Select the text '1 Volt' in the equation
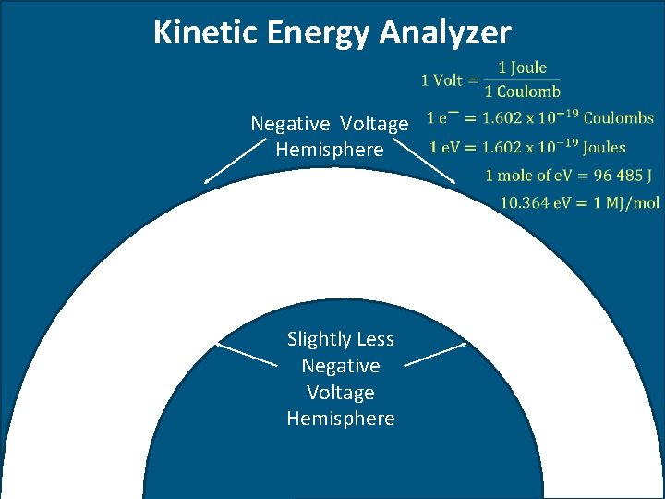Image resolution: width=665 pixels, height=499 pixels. coord(441,79)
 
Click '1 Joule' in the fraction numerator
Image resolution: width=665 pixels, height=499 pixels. coord(522,67)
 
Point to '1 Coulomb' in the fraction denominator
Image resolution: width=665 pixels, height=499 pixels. coord(522,91)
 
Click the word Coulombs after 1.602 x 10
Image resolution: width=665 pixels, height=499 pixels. coord(618,118)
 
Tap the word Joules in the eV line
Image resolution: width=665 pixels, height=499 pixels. coord(604,147)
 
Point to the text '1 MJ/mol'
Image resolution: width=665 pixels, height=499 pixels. coord(627,203)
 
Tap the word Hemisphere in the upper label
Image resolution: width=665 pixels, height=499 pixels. coord(329,150)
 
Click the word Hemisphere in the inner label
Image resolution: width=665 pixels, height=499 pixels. coord(340,419)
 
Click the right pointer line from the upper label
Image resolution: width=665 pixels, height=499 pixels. coord(432,163)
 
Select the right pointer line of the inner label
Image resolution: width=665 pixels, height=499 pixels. coord(435,356)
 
